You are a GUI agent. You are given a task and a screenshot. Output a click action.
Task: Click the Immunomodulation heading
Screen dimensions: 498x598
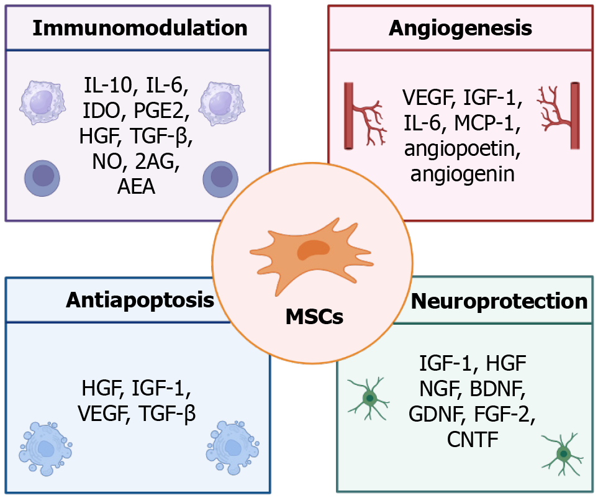tap(140, 28)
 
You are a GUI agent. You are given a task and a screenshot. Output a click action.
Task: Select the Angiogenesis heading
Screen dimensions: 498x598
tap(460, 28)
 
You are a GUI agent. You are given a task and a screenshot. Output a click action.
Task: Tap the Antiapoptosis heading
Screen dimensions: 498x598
tap(140, 301)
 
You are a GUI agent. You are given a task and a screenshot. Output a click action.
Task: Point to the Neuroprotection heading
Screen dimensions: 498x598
tap(499, 301)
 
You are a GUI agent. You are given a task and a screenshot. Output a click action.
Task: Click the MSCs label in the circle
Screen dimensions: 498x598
tap(314, 317)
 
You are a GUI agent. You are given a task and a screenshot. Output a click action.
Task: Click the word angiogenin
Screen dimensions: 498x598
tap(463, 173)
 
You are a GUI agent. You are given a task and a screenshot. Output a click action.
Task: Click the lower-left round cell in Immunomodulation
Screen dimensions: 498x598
tap(42, 177)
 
